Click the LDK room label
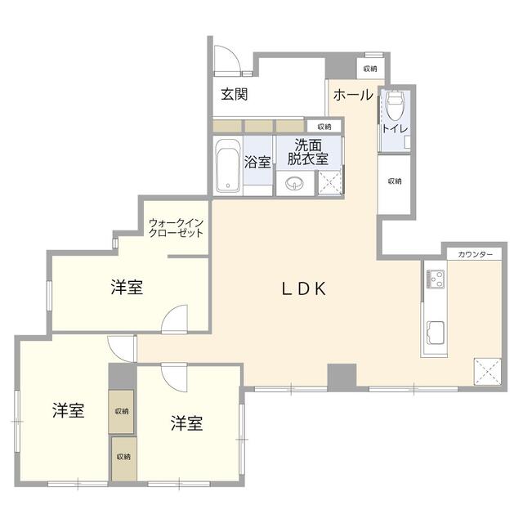pyautogui.click(x=304, y=288)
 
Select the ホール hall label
pyautogui.click(x=352, y=94)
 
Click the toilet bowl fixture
pyautogui.click(x=395, y=105)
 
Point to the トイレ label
pyautogui.click(x=395, y=129)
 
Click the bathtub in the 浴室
pyautogui.click(x=227, y=165)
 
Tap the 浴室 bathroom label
pyautogui.click(x=257, y=162)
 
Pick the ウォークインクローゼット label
pyautogui.click(x=176, y=226)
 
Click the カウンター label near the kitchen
pyautogui.click(x=476, y=255)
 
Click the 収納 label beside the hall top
pyautogui.click(x=370, y=69)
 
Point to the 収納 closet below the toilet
pyautogui.click(x=395, y=181)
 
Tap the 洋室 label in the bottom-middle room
pyautogui.click(x=187, y=423)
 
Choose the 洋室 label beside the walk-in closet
pyautogui.click(x=127, y=288)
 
